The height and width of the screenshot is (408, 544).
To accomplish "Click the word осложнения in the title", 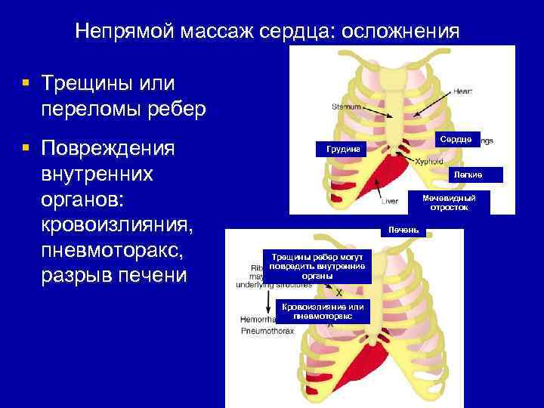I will [400, 32].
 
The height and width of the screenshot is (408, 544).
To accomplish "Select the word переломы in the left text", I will [97, 108].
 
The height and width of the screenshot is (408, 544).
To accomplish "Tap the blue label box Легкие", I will [467, 175].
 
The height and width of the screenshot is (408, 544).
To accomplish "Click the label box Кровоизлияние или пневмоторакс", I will [322, 311].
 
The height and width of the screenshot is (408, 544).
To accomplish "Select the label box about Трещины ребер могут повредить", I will [317, 267].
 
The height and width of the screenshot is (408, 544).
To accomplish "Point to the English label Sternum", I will [347, 107].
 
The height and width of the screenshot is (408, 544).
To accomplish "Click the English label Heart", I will [462, 91].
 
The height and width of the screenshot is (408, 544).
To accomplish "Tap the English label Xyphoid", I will [428, 161].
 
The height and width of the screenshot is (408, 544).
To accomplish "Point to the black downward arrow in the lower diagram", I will [268, 303].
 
